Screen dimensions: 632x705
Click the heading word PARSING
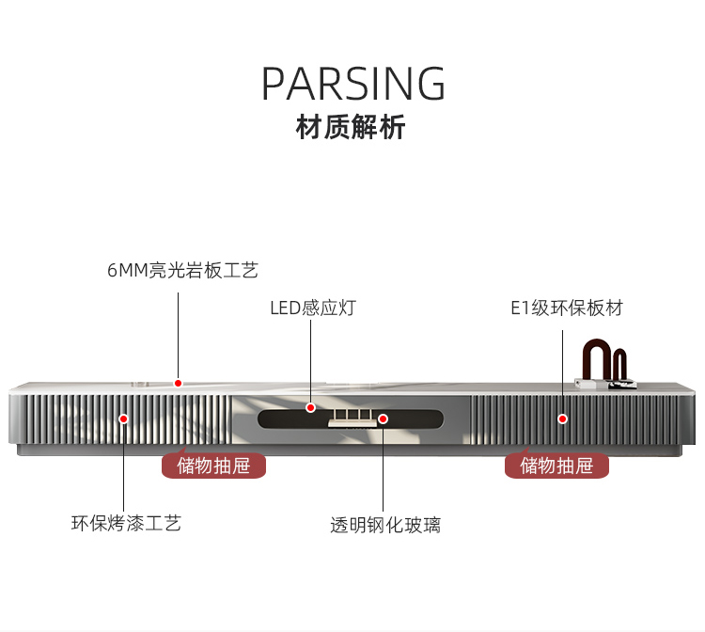[x=352, y=84]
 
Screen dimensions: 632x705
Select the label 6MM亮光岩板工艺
[x=181, y=271]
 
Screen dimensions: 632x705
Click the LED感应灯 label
[x=313, y=308]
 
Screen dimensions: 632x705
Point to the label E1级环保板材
[x=566, y=308]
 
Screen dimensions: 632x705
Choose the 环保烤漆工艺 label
[x=126, y=523]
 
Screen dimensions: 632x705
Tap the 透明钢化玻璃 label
[x=384, y=525]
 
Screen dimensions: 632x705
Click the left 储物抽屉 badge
[x=213, y=465]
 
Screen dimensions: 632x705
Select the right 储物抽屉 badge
[x=556, y=465]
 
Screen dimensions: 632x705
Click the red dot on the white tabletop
[x=178, y=383]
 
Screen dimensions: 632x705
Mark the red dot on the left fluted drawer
[x=123, y=418]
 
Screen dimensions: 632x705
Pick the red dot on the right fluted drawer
[x=563, y=418]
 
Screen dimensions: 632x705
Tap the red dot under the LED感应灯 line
[x=310, y=407]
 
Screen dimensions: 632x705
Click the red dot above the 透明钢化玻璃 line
[x=383, y=419]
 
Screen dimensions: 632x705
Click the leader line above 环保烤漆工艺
[x=123, y=466]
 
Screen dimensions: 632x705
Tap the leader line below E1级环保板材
[x=563, y=367]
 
